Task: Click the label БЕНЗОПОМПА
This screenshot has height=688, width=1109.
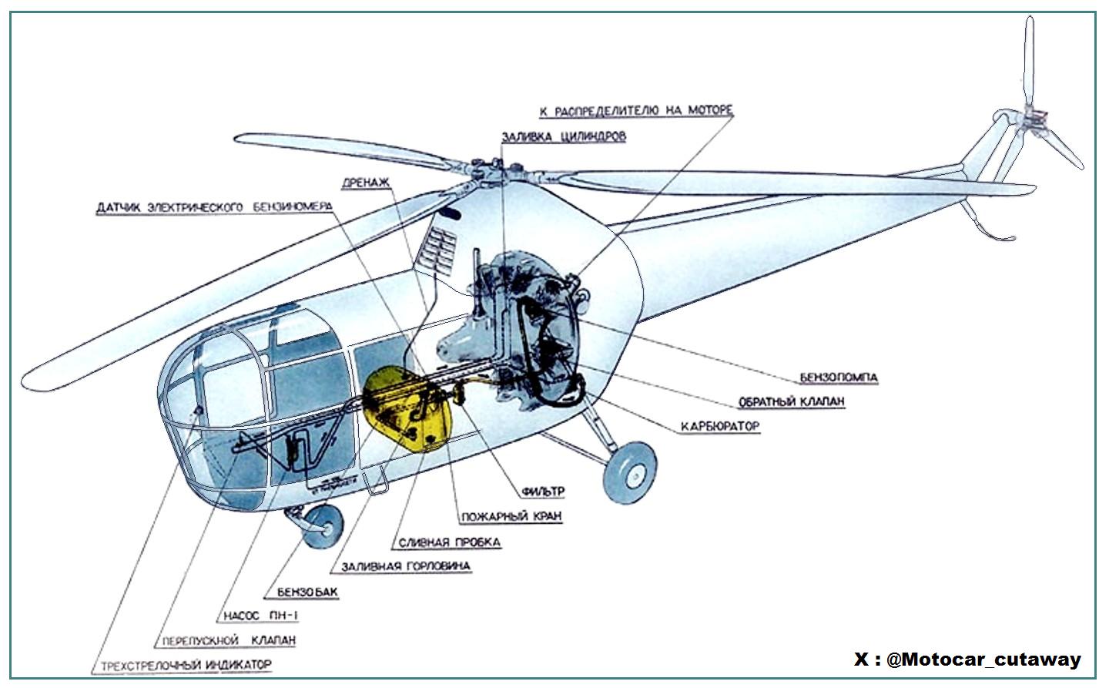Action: (x=839, y=378)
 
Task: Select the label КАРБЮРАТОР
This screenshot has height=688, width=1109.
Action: (x=719, y=426)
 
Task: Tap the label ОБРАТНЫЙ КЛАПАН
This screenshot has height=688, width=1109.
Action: (x=792, y=402)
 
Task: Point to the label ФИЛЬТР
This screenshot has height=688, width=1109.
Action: (x=543, y=491)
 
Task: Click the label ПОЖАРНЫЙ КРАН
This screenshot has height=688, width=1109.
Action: (x=511, y=516)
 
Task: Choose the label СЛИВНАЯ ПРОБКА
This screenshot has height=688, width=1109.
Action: (x=449, y=542)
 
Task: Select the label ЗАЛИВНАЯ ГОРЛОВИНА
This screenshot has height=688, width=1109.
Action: (x=400, y=566)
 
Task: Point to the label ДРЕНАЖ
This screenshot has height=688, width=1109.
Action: (x=366, y=183)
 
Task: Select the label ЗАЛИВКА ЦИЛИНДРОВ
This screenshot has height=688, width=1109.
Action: (x=564, y=137)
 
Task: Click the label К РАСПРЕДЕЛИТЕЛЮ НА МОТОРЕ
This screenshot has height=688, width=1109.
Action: (x=635, y=112)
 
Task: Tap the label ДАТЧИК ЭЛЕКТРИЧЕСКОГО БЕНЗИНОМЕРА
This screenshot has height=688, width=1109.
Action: (x=213, y=208)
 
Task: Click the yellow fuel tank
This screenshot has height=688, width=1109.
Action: (x=404, y=408)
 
